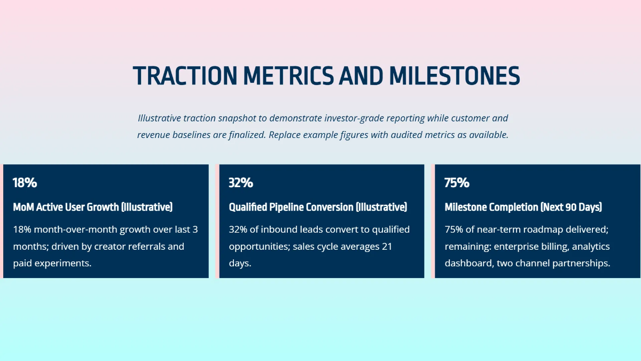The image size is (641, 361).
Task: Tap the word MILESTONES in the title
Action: [454, 76]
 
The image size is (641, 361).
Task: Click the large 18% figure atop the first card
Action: [25, 182]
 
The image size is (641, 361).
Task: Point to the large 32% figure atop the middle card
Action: [240, 182]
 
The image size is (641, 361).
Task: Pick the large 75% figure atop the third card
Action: [457, 182]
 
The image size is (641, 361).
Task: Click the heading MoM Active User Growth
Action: [92, 207]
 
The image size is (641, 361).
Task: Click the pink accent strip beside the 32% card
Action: [217, 221]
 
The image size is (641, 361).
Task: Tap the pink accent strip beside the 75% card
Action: [433, 221]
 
